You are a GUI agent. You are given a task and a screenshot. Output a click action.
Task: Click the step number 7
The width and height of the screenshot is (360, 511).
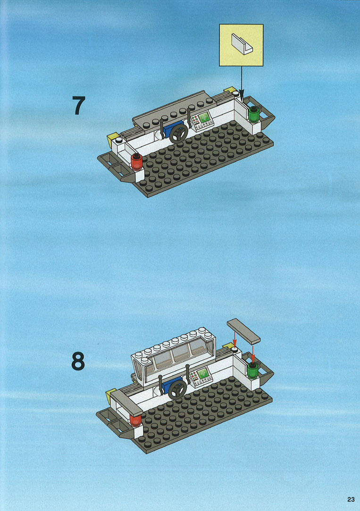[x=79, y=105]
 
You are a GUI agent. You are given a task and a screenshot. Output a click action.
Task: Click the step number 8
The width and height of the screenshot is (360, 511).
[x=78, y=361]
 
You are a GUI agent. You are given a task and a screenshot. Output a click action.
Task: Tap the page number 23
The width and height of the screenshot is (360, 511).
[x=351, y=499]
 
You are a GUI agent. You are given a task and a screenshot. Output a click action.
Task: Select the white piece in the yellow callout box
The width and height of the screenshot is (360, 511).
[x=242, y=44]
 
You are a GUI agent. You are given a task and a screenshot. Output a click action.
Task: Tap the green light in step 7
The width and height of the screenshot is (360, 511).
[x=253, y=114]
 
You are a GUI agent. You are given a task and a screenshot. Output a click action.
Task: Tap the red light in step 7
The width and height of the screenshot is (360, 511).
[x=136, y=162]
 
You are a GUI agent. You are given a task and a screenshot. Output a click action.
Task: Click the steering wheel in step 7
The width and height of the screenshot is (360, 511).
[x=178, y=134]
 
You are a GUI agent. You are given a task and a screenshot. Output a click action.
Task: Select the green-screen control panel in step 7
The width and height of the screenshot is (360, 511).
[x=202, y=121]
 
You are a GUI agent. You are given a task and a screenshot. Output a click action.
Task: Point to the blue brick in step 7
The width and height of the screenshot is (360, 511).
[x=173, y=129]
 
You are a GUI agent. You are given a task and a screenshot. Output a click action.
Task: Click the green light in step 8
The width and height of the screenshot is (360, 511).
[x=252, y=370]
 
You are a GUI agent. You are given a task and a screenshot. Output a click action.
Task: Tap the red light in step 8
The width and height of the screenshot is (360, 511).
[x=135, y=420]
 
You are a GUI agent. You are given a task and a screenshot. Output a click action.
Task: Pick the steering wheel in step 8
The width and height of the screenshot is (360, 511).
[x=177, y=389]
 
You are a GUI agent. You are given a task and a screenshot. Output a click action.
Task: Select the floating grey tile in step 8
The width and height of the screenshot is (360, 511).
[x=243, y=331]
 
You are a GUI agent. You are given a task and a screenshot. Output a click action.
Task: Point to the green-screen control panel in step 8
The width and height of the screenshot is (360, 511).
[x=201, y=377]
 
